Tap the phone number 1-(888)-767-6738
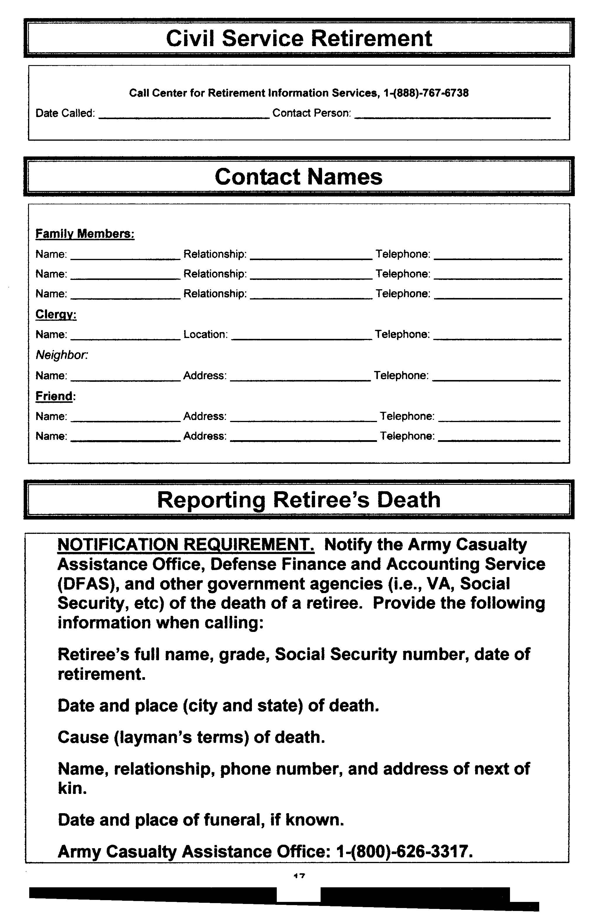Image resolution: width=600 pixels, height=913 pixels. [426, 93]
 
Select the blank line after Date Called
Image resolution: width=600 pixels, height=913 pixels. [184, 116]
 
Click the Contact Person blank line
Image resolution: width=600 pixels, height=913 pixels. [452, 116]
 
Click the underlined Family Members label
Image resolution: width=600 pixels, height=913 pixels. [85, 234]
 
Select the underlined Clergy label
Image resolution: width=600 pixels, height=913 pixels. [56, 315]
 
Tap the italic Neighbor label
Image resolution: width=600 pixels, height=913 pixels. [61, 355]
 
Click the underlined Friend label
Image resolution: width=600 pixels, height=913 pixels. [54, 396]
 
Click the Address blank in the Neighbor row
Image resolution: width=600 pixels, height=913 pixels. [300, 379]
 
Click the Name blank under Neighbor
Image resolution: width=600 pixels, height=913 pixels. [126, 379]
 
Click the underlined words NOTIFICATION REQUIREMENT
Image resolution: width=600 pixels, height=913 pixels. [186, 544]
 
